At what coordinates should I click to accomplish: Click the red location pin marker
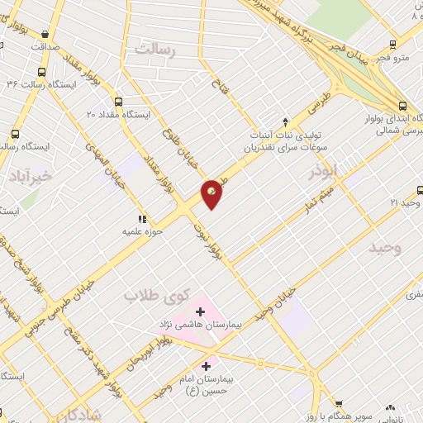[x=212, y=193]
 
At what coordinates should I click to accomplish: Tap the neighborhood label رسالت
[x=157, y=50]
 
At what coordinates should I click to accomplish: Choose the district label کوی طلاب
[x=157, y=295]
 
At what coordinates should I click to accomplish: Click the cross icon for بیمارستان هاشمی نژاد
[x=201, y=311]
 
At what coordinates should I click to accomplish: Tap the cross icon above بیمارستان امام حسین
[x=207, y=361]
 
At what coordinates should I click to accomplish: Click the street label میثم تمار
[x=318, y=198]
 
